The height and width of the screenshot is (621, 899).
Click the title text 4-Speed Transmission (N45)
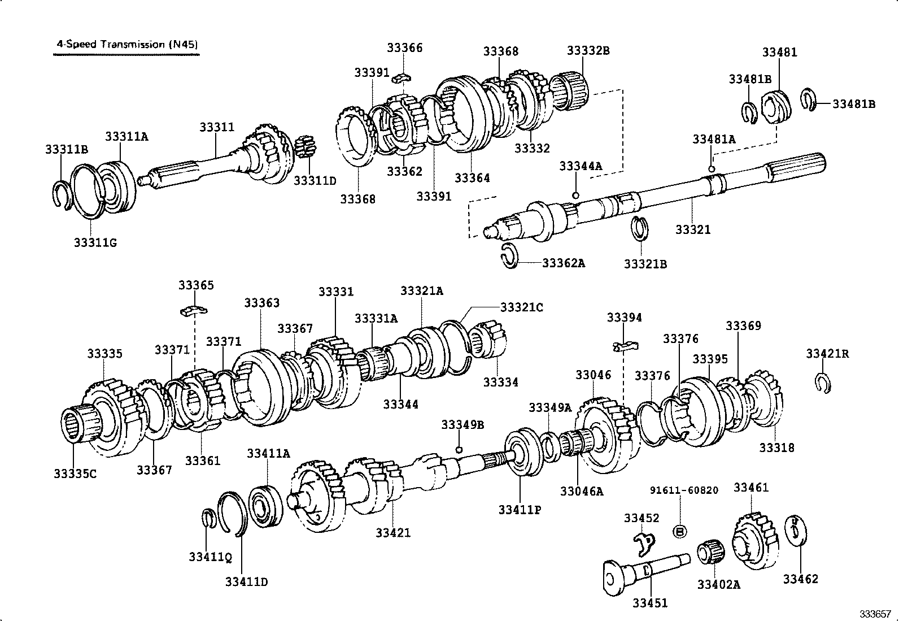pos(127,44)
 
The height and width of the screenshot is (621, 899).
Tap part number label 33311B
pos(67,149)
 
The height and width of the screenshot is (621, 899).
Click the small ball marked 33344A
pos(575,195)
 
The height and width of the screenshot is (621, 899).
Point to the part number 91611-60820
pos(683,490)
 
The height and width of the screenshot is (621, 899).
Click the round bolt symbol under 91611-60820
pos(680,531)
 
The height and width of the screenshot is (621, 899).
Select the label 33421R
pos(827,354)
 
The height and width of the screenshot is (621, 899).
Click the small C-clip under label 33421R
pos(822,383)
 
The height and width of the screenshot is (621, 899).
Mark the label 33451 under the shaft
pos(649,603)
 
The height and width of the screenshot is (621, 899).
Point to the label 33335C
pos(75,474)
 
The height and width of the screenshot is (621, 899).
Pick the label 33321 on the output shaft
pos(693,229)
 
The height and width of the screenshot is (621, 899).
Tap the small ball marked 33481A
pos(712,168)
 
